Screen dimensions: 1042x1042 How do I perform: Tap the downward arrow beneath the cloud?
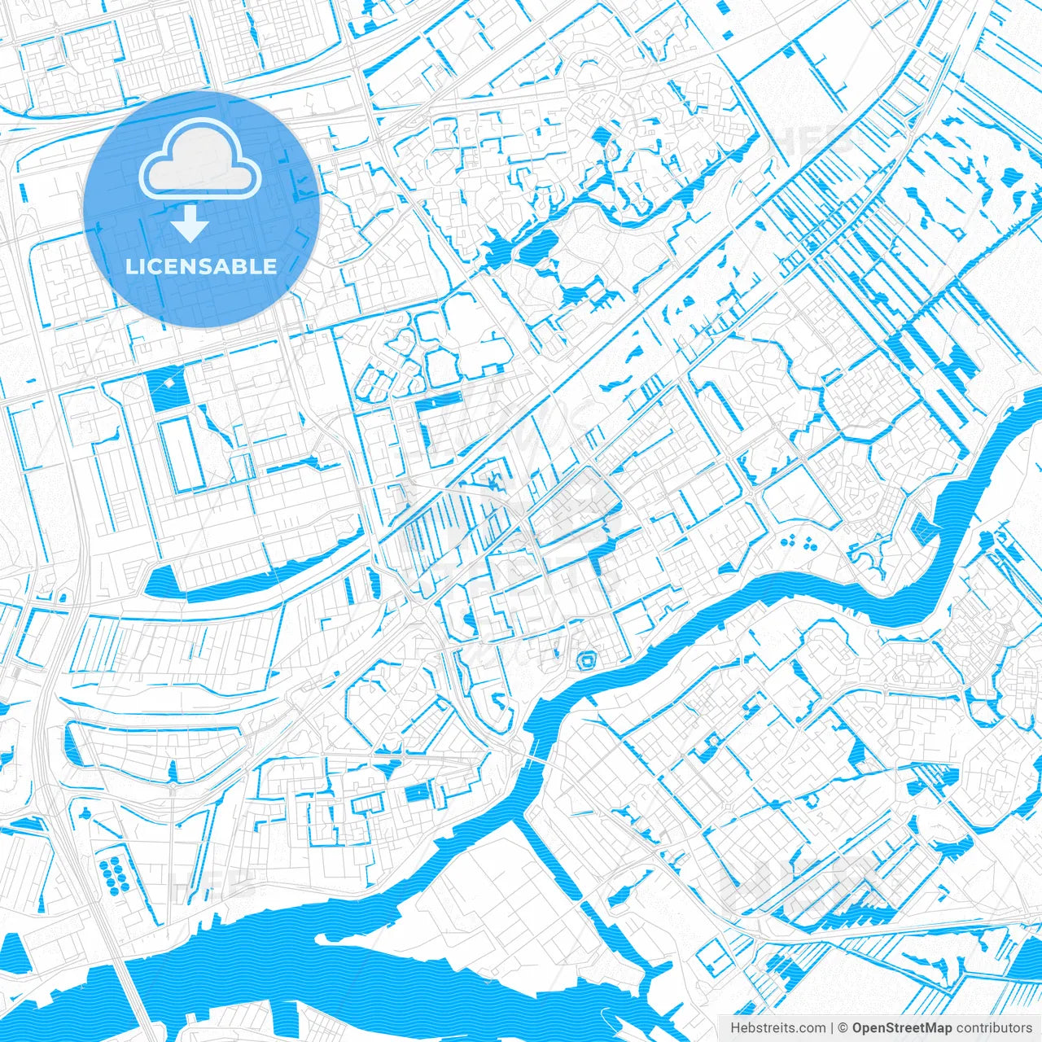point(190,223)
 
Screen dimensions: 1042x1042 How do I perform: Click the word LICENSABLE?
point(201,266)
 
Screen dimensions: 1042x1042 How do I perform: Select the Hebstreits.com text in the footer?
point(777,1028)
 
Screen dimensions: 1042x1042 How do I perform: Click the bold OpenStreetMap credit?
point(902,1028)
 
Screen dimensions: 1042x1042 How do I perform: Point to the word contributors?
point(994,1028)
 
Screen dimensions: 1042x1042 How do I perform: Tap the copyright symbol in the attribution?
point(843,1028)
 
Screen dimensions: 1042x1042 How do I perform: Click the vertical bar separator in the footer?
point(832,1028)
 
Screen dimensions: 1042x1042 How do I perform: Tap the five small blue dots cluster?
point(798,542)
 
